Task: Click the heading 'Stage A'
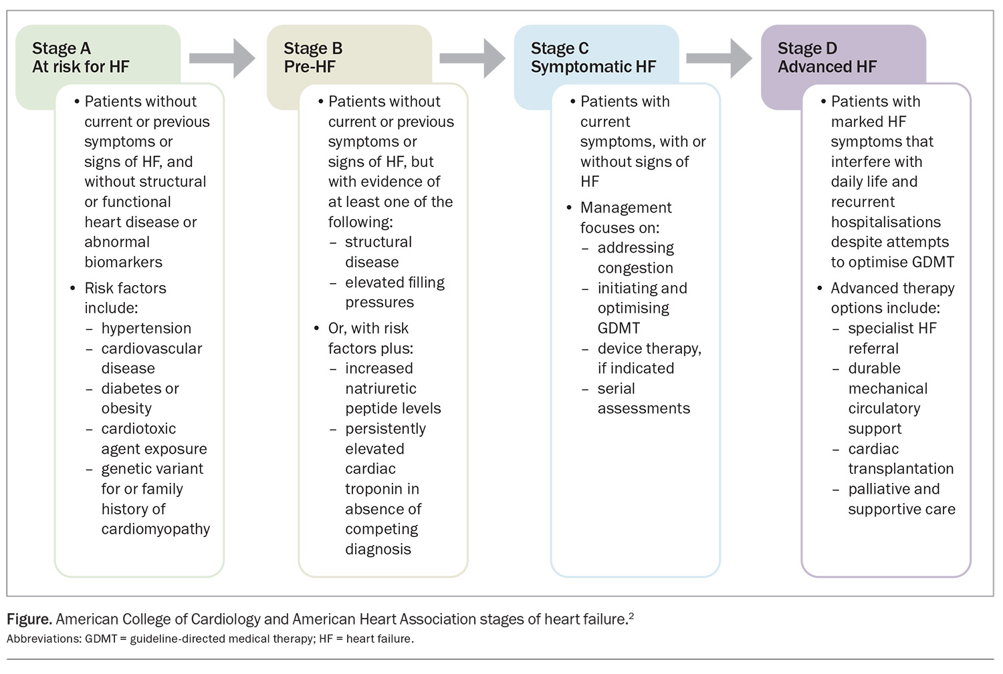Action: click(62, 48)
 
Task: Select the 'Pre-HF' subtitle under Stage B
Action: click(310, 67)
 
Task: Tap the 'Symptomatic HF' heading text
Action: click(593, 67)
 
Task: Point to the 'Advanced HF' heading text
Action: click(827, 67)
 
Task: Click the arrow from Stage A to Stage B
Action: click(222, 58)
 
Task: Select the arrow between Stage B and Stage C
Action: click(472, 58)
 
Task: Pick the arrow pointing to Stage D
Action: click(719, 58)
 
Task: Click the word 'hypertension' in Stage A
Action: click(146, 329)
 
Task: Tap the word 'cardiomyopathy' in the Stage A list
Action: click(155, 530)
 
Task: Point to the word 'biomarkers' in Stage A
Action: click(123, 262)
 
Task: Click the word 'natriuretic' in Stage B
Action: click(380, 389)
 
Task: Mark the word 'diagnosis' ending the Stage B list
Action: click(378, 550)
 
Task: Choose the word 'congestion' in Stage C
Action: click(635, 269)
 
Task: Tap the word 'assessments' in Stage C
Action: click(644, 409)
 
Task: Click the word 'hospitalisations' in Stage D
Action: click(886, 222)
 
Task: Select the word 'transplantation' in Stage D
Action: click(901, 469)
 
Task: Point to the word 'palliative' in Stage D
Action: click(875, 489)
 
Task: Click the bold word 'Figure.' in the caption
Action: click(29, 619)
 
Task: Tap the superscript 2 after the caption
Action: click(631, 616)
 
